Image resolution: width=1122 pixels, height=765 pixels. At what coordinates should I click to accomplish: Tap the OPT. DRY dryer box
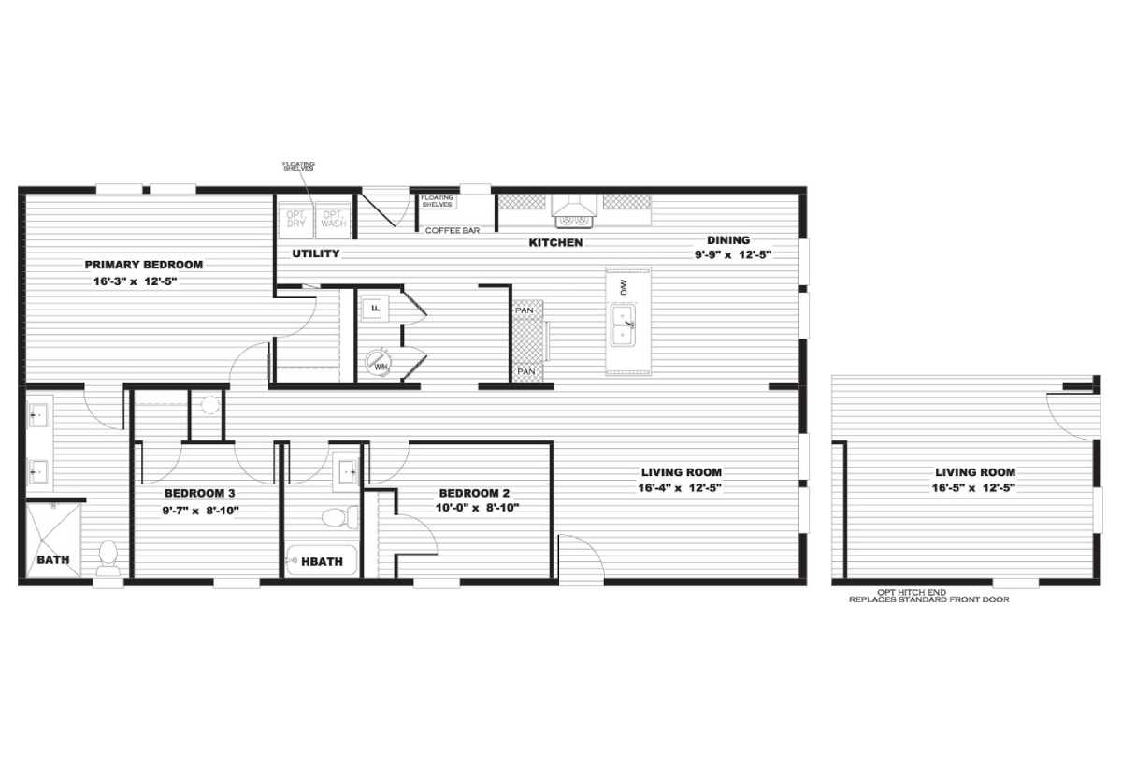point(296,219)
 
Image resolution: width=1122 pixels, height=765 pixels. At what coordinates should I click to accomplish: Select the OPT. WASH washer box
point(333,219)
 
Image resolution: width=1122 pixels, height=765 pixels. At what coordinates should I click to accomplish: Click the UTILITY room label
point(315,253)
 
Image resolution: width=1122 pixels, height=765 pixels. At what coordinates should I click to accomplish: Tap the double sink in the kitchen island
point(621,325)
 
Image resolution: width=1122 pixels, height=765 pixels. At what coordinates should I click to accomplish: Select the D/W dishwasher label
point(623,287)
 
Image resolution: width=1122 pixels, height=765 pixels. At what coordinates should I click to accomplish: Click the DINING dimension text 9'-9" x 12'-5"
point(732,253)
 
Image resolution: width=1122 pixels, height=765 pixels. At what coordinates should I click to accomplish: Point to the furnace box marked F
point(374,307)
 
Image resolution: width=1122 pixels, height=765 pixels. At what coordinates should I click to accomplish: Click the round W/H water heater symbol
point(379,362)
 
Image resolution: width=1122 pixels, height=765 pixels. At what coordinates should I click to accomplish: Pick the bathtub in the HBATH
point(321,560)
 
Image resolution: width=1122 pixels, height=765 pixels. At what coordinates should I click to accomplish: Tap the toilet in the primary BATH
point(108,556)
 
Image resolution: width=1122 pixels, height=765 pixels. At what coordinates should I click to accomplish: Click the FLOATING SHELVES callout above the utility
point(298,166)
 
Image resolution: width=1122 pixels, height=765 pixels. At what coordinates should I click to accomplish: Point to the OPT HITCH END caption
point(928,596)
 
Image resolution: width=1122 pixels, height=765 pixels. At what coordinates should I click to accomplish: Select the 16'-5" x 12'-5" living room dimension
point(975,487)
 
